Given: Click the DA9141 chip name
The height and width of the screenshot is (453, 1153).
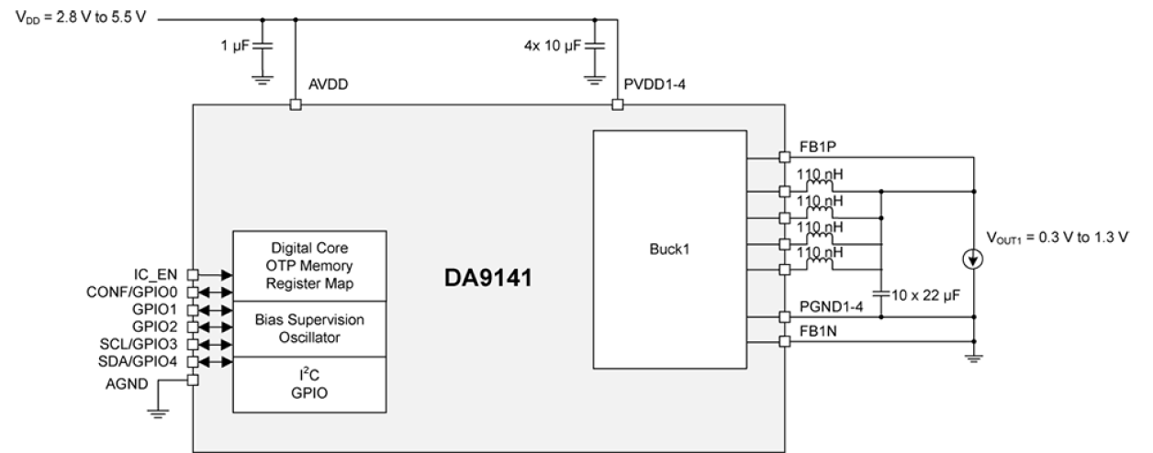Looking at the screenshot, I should [487, 277].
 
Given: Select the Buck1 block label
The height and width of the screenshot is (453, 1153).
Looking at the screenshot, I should [669, 249].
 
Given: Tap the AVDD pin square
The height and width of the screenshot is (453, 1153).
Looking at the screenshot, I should [295, 105].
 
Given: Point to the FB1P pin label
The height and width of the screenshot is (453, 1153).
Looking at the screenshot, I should [817, 147].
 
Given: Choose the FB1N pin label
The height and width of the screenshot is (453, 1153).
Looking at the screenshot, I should [817, 330].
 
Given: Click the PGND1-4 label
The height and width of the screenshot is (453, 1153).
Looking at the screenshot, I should [831, 306].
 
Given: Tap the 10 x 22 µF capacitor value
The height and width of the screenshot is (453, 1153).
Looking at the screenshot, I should [918, 295].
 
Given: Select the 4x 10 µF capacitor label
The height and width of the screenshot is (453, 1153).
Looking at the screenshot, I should [553, 45].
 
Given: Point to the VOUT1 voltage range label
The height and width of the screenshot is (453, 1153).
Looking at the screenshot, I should [1057, 238].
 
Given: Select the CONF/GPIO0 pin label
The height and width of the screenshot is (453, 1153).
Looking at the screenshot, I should [137, 292].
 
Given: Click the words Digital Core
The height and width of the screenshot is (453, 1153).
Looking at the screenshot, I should [309, 248].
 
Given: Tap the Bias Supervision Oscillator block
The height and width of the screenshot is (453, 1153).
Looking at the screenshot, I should [309, 328].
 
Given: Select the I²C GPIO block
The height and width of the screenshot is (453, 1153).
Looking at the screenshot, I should [309, 384].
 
